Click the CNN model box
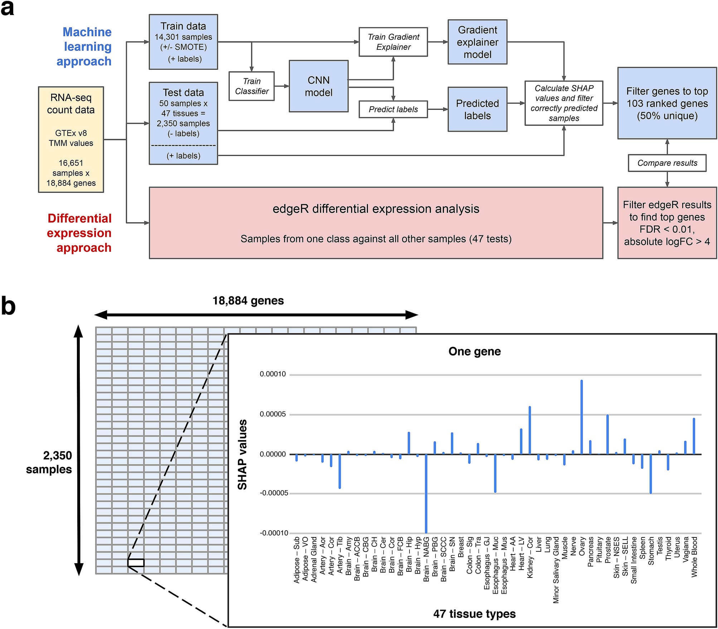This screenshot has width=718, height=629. [x=318, y=86]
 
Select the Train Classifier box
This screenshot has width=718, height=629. [x=252, y=86]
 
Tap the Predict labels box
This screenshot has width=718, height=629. [x=393, y=109]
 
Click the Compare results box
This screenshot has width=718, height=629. [x=667, y=163]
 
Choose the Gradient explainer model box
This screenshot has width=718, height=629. [x=477, y=42]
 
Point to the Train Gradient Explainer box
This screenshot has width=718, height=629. [x=393, y=42]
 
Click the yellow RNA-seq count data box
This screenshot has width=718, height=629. [x=71, y=140]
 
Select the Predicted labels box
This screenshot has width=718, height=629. [x=477, y=109]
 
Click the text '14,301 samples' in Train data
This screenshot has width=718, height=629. [x=183, y=37]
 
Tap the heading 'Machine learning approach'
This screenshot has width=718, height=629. [x=86, y=47]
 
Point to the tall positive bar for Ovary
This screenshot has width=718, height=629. [x=581, y=417]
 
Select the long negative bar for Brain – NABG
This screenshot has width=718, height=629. [x=426, y=494]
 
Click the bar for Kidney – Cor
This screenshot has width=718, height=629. [x=530, y=430]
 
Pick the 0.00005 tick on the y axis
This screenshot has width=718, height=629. [x=273, y=414]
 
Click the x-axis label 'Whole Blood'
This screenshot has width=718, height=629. [x=694, y=557]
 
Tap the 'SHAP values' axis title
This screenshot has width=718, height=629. [x=242, y=454]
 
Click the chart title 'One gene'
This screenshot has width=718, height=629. [x=474, y=351]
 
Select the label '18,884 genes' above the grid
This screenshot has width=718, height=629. [x=248, y=301]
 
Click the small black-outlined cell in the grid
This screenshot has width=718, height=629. [x=136, y=563]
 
